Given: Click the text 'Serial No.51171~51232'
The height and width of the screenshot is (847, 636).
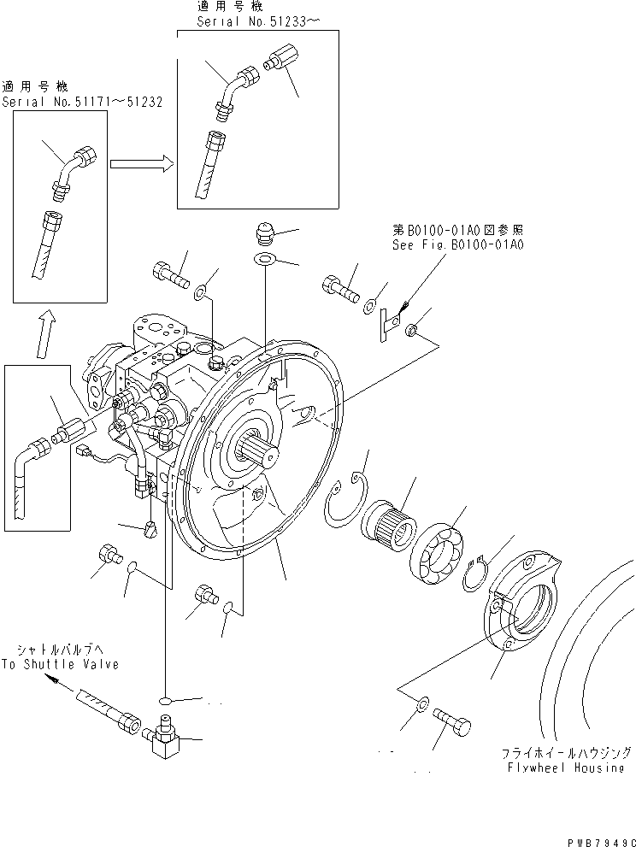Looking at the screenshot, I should point(82,101).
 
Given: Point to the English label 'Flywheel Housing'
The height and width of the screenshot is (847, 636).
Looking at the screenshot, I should point(566,768).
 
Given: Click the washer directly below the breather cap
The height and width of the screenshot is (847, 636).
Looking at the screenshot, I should point(265,259).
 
